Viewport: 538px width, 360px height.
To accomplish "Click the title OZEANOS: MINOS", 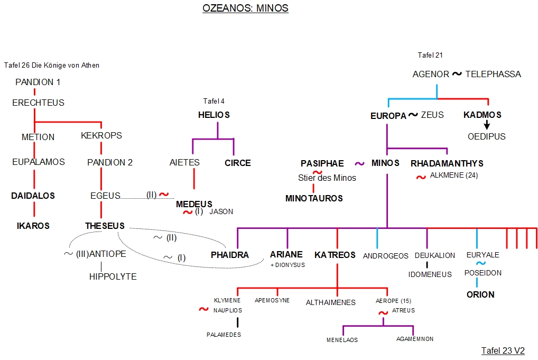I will [245, 8].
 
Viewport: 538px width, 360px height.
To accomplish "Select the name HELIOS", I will [214, 115].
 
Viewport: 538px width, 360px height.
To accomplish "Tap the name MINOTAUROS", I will [314, 198].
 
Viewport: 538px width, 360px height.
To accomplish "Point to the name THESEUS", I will [105, 226].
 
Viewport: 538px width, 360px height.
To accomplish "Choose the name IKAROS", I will [33, 226].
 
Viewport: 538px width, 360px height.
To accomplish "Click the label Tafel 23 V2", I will [503, 350].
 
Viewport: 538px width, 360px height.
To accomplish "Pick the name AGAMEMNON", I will [415, 339].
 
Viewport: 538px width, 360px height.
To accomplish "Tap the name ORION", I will [480, 294].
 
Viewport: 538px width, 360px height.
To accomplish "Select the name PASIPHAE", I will [322, 163].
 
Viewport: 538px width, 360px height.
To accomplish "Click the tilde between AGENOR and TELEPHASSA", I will [457, 74].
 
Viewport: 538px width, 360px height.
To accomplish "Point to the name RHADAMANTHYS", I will [447, 163].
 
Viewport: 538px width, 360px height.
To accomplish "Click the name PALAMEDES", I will [224, 335].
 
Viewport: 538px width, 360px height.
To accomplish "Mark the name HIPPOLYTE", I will [113, 276].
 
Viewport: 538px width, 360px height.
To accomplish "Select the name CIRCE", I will [238, 163].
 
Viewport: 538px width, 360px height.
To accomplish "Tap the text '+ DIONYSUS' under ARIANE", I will [287, 265].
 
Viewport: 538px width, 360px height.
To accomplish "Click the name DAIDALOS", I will [33, 196].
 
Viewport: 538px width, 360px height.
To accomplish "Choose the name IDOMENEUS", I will [430, 274].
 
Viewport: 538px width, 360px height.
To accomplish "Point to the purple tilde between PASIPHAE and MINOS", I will [360, 164].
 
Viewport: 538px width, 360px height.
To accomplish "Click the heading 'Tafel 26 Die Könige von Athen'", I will [52, 66].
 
